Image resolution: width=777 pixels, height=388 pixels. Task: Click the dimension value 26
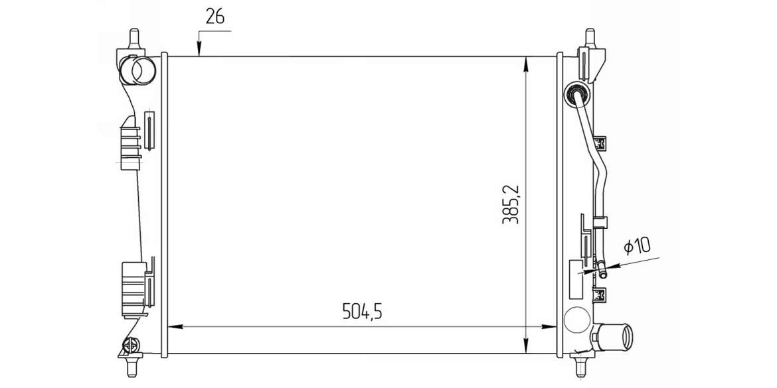215,17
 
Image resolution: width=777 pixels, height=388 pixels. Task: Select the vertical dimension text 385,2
511,204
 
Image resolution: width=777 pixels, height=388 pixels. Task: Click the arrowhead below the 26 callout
199,50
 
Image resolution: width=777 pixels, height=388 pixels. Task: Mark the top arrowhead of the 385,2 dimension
526,64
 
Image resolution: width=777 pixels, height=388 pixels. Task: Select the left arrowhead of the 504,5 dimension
176,326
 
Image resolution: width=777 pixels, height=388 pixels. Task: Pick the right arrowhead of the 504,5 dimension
549,326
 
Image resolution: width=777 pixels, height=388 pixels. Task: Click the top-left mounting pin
133,38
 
